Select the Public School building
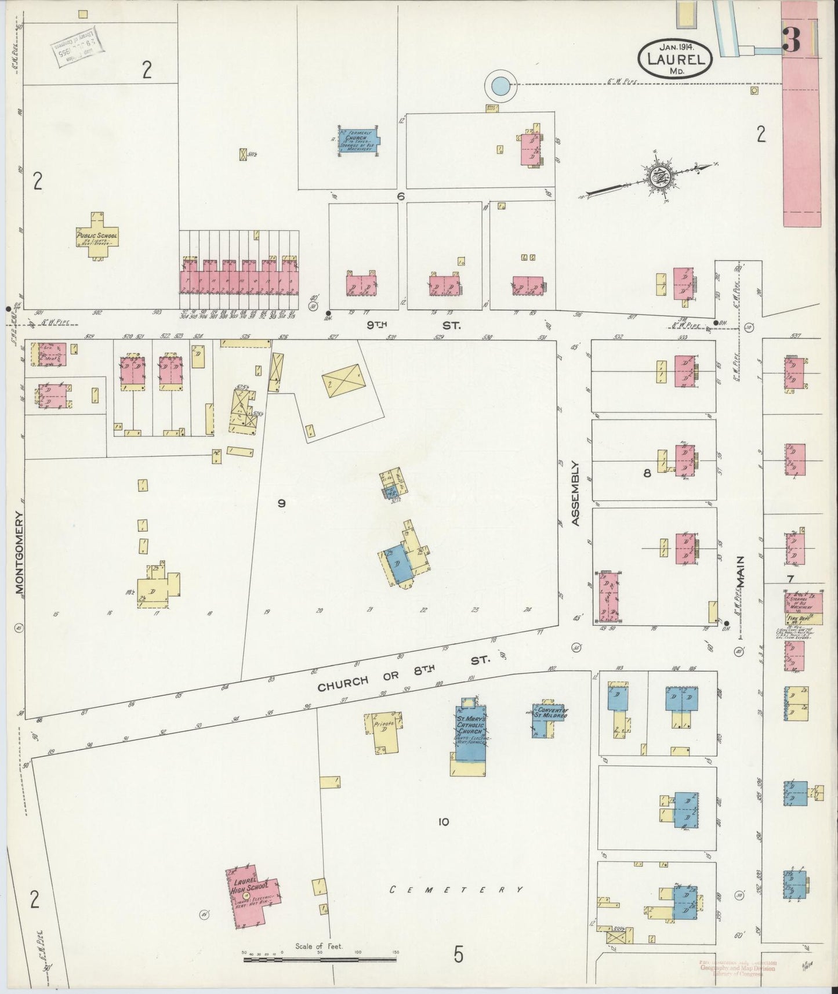coord(97,237)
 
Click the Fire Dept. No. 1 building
coord(800,608)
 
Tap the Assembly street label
coord(575,493)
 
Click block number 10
coord(444,821)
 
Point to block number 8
coord(647,473)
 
